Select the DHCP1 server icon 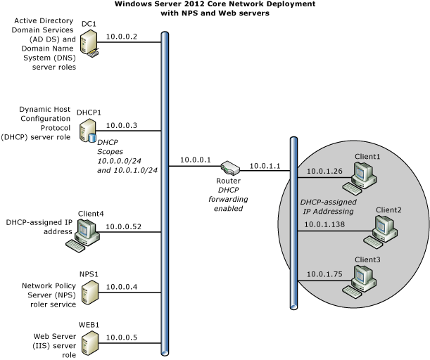point(88,131)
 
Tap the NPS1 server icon point(90,292)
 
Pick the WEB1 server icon point(90,343)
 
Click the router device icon point(230,167)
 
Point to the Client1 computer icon point(360,178)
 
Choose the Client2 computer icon point(381,232)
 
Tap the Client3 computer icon point(360,281)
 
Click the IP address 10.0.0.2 point(122,37)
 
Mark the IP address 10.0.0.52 point(123,226)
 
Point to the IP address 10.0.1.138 point(324,224)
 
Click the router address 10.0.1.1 point(265,166)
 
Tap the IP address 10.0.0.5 point(122,337)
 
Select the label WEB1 point(89,325)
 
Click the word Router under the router point(229,181)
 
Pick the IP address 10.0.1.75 point(324,274)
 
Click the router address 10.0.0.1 point(195,160)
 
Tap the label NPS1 point(89,274)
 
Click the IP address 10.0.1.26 point(324,171)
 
